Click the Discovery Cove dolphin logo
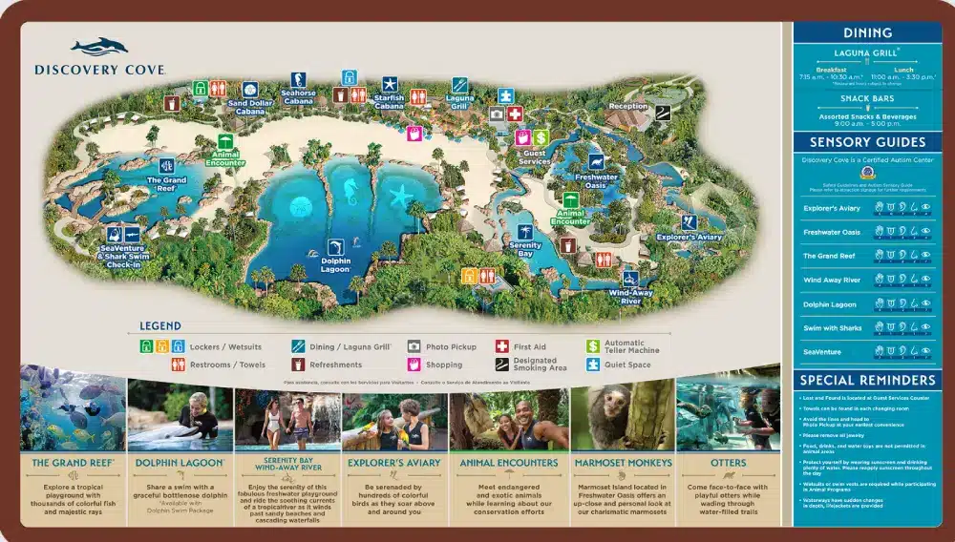[x=98, y=48]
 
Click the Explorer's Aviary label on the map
[x=689, y=236]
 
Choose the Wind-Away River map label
[x=630, y=296]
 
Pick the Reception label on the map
[x=627, y=106]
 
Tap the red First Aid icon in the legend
[x=502, y=347]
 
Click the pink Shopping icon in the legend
[x=414, y=365]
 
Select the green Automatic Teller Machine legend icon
[x=592, y=347]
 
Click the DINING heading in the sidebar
[x=867, y=33]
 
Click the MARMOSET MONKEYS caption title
[x=624, y=463]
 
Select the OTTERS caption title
[x=729, y=463]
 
